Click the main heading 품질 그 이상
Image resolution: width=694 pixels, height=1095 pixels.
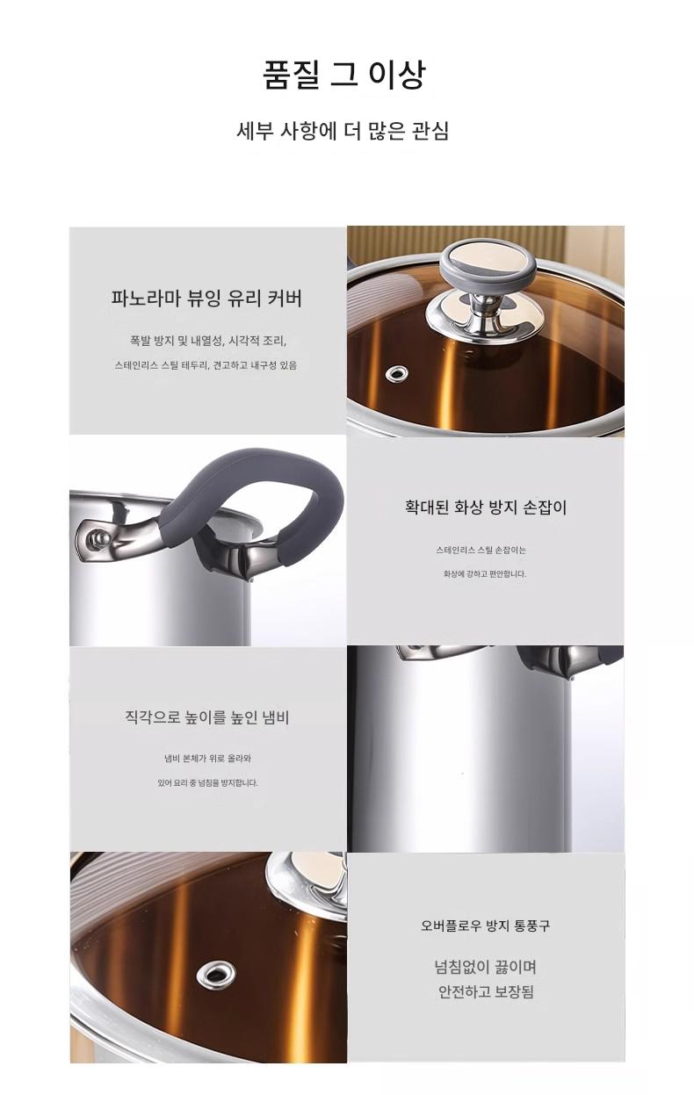343,75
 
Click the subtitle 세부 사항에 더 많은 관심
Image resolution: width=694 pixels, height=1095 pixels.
343,131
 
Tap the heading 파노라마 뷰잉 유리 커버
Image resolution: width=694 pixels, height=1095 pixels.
206,298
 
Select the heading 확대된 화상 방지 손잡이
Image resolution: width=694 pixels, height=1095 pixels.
486,507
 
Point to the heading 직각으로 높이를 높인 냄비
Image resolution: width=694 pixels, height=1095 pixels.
207,717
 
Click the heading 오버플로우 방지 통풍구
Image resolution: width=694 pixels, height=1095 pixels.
486,926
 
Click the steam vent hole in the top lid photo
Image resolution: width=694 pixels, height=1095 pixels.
397,374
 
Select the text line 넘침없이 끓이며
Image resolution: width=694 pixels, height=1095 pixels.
486,967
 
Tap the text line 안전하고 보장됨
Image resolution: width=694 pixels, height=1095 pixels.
486,992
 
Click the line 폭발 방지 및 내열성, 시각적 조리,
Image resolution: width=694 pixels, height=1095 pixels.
208,341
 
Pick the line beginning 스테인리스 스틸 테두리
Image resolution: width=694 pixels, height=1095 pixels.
206,365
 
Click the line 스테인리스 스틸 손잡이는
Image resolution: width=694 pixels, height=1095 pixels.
481,550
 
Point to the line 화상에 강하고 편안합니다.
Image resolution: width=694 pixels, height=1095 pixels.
485,574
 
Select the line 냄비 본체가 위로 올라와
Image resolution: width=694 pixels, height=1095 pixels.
208,759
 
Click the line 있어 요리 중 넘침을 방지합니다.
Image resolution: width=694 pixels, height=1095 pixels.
208,782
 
